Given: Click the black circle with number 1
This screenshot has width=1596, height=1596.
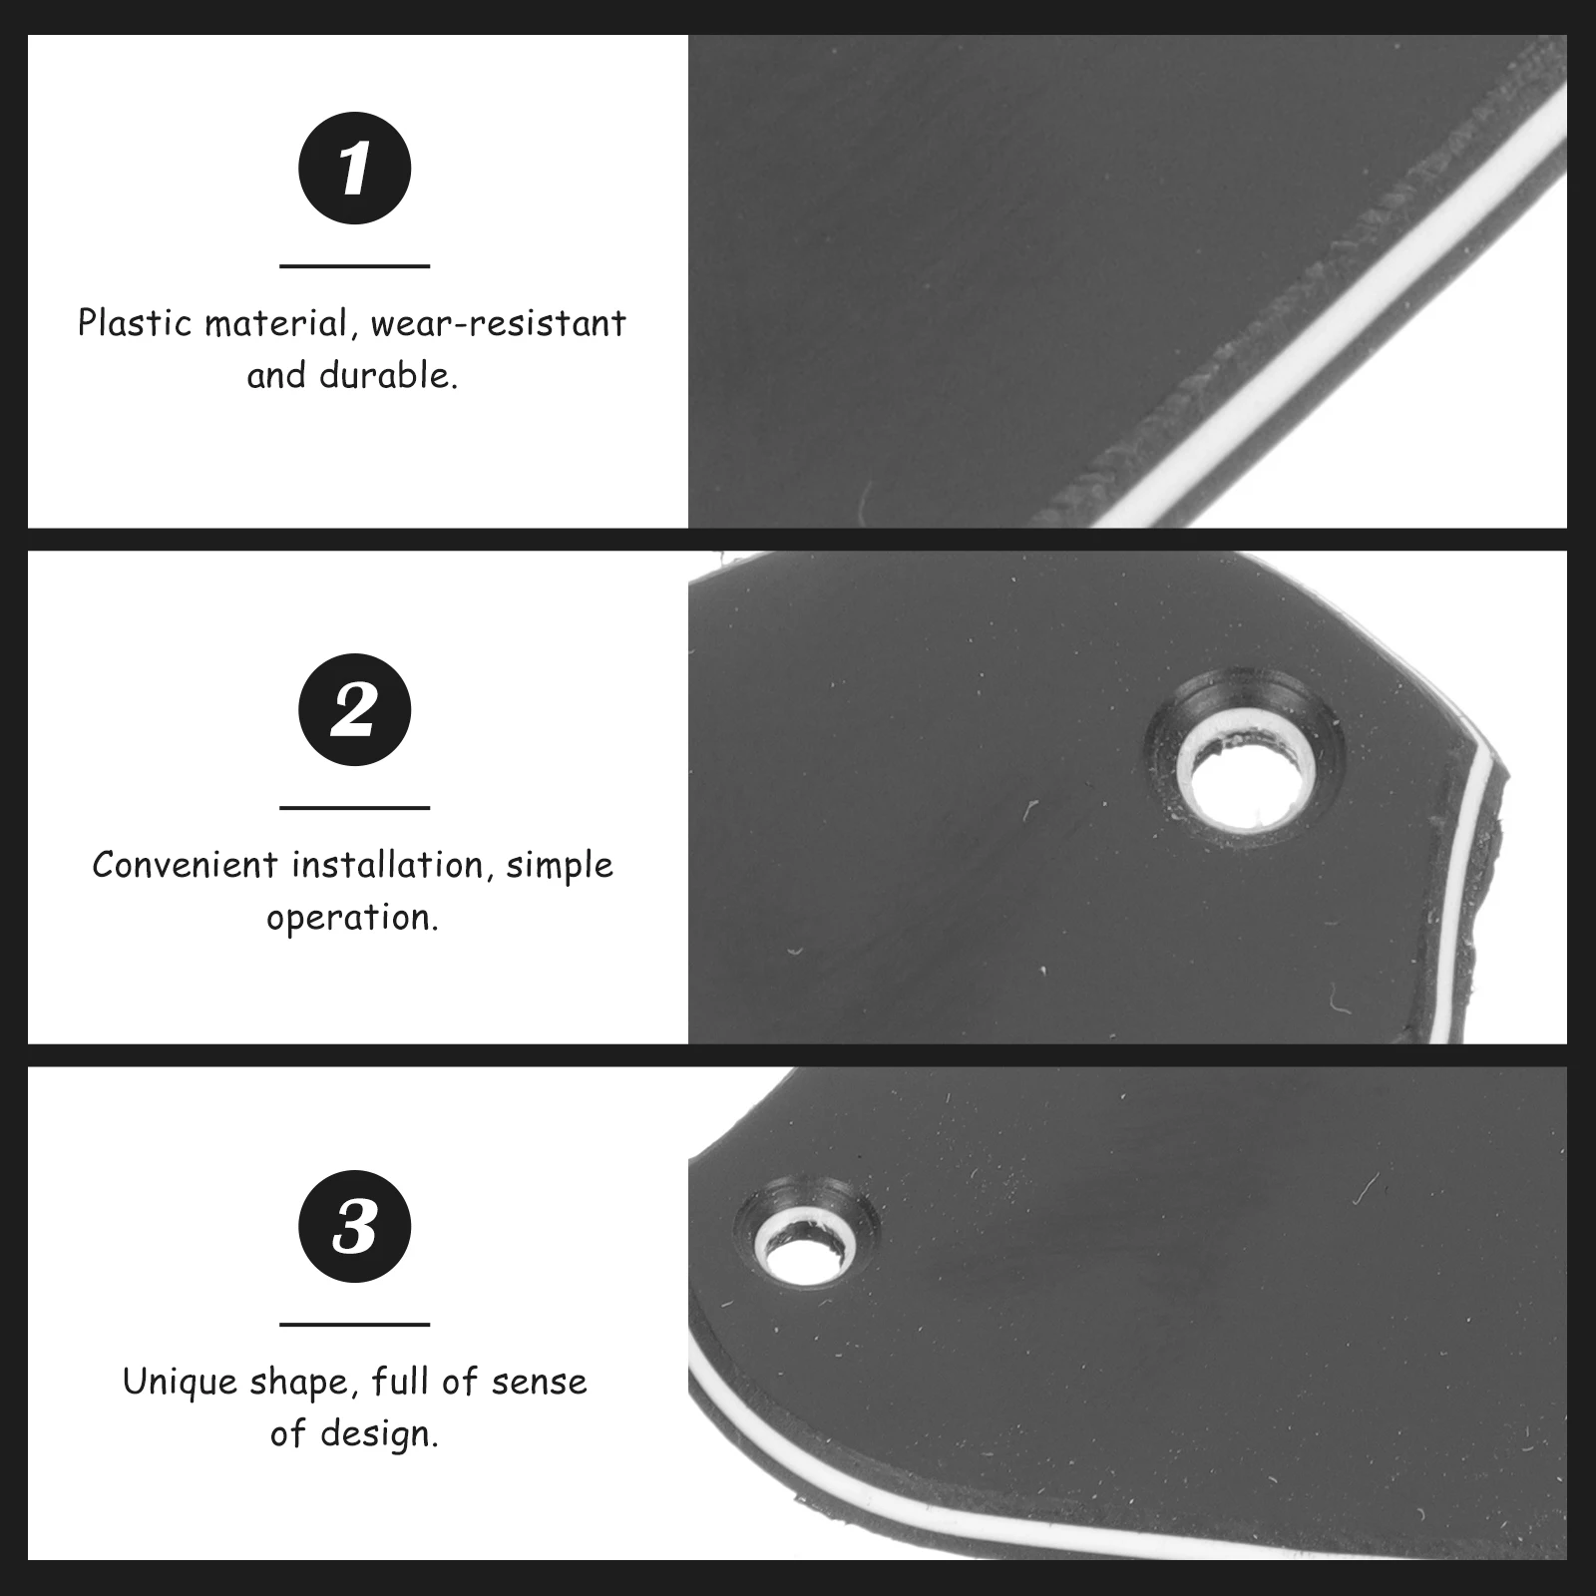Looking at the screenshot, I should click(354, 169).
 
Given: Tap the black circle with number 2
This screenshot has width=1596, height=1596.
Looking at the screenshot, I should click(354, 709).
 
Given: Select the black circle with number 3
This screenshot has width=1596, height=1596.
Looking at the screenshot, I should click(354, 1226).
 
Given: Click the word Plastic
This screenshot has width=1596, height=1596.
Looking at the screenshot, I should click(136, 324).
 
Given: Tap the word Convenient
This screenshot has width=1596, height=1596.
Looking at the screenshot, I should click(186, 865).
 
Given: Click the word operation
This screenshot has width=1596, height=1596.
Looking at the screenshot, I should click(352, 918).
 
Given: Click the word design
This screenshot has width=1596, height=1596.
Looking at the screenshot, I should click(380, 1434).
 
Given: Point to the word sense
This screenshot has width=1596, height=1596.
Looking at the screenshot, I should click(538, 1382).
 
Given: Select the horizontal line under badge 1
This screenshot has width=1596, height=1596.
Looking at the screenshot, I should click(354, 266).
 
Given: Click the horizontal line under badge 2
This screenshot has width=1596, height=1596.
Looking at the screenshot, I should click(354, 808).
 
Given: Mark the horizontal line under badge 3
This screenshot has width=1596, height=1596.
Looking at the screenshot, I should click(354, 1325).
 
